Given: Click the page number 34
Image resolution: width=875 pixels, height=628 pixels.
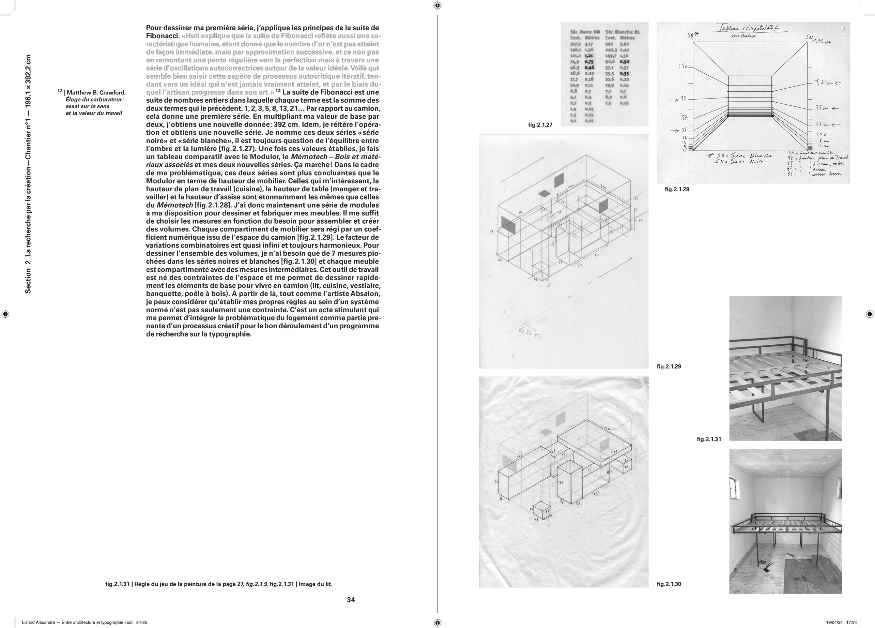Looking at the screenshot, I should (351, 600).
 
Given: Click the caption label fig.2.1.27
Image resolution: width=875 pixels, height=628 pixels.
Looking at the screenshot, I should (540, 125).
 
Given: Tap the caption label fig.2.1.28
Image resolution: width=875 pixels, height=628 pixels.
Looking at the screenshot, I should (677, 189).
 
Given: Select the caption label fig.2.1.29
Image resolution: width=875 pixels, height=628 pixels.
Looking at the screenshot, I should (669, 366).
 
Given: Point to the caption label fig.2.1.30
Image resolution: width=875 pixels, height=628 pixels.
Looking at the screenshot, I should (669, 584).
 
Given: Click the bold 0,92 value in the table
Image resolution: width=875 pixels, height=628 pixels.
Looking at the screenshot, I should (624, 61).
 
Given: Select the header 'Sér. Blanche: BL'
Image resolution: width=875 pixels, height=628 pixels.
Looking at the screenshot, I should (622, 32).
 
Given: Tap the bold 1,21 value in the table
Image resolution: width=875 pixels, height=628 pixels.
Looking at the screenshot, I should (589, 56).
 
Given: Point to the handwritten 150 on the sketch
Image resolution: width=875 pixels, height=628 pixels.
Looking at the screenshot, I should (682, 66).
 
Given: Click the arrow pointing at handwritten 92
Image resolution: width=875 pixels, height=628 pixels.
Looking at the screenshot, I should (674, 100).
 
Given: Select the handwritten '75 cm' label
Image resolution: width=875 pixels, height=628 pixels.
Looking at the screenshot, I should (822, 108).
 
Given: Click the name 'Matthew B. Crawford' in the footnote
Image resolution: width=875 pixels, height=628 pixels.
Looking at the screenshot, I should (96, 93).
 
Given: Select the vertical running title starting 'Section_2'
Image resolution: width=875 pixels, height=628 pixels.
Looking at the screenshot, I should (28, 174).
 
